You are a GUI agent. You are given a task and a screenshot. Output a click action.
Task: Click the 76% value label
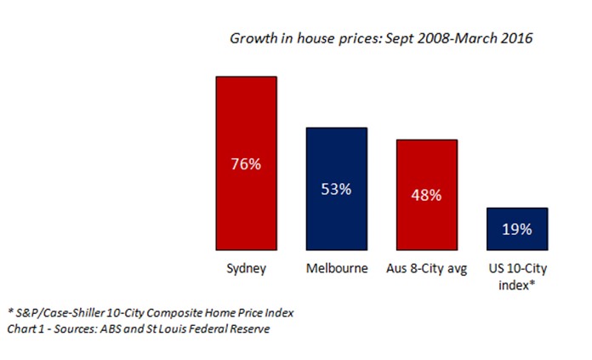coord(245,164)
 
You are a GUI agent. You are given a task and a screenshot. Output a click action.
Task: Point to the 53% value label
coord(336,188)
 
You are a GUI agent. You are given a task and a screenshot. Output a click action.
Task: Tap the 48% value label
coord(427,195)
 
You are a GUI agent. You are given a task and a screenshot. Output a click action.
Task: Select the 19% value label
coord(516,229)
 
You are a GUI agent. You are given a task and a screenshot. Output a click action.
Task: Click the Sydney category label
coord(245,270)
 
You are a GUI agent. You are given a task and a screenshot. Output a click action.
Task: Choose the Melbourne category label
coord(336,270)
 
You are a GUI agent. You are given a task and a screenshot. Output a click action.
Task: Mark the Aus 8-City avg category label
coord(427,270)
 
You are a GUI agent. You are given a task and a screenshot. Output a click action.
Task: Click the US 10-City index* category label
coord(516,277)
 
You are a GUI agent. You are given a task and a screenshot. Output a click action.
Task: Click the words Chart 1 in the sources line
coord(27,329)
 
